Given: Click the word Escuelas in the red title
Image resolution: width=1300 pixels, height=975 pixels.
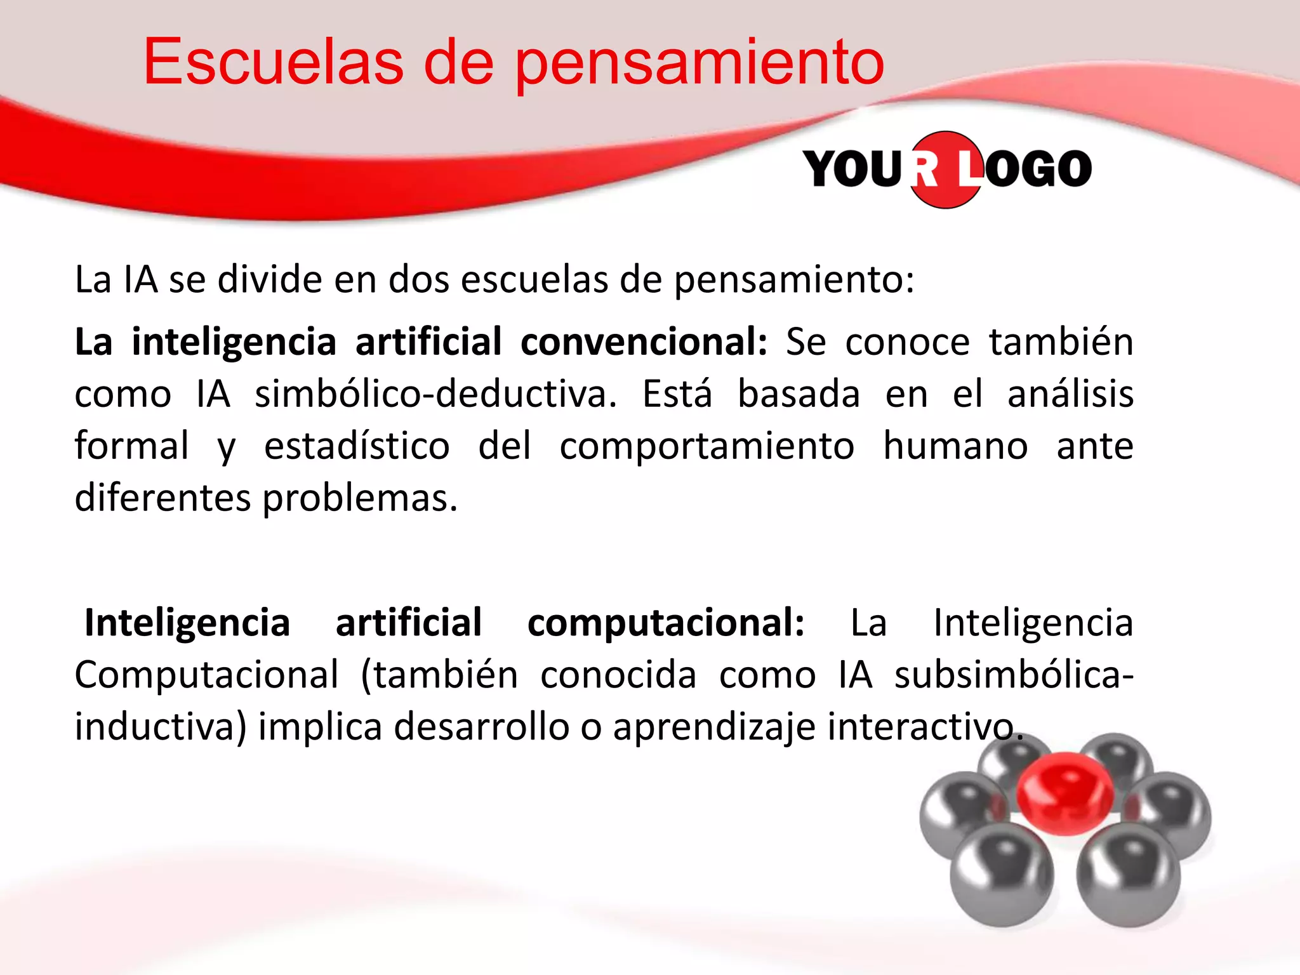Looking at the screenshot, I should click(x=273, y=62).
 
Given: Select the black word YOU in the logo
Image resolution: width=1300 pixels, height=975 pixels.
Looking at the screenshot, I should click(x=852, y=169).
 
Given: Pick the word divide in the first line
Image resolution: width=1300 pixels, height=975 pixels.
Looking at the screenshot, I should click(x=269, y=279).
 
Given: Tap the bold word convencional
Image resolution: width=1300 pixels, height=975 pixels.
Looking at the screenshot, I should click(x=644, y=342).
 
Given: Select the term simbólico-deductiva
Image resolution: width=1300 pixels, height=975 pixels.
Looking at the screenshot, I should click(x=435, y=394).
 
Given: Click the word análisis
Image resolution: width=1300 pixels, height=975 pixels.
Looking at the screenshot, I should click(x=1070, y=394).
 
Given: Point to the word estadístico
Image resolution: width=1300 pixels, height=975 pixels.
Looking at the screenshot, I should click(x=357, y=446).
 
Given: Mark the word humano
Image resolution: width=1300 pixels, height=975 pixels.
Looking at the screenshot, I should click(x=955, y=446).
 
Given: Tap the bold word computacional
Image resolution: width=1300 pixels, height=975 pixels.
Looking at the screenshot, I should click(x=666, y=623).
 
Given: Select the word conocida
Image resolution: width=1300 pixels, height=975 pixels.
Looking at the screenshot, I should click(x=618, y=674).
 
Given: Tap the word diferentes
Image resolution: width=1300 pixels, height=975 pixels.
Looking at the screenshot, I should click(x=163, y=498).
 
